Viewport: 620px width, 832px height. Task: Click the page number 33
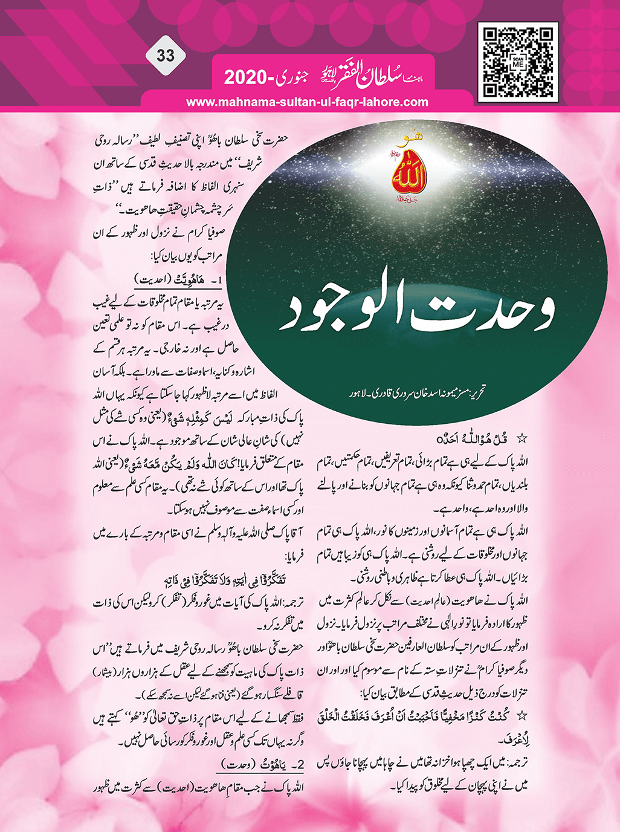(165, 56)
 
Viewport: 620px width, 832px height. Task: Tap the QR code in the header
(517, 62)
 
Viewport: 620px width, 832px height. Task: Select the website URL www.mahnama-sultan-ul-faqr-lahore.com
(307, 102)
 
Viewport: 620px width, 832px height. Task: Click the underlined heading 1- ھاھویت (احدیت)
(172, 281)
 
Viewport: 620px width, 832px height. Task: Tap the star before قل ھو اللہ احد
(523, 438)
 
